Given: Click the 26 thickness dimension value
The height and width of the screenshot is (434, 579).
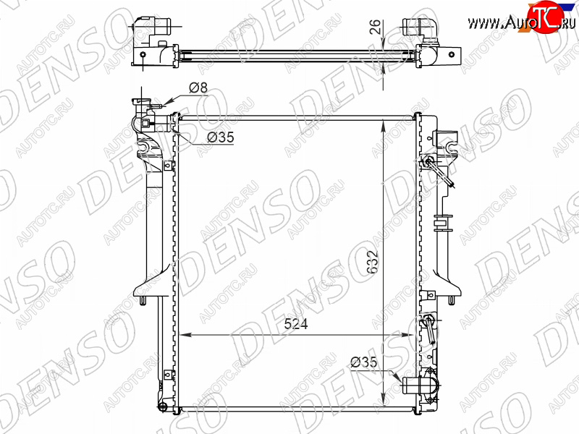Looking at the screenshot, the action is (x=375, y=26).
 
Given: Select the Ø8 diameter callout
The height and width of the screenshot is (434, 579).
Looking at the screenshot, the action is (x=198, y=88).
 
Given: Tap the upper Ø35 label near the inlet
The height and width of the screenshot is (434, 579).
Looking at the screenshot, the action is (x=221, y=137).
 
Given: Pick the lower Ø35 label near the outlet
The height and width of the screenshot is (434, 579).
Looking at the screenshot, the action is (x=364, y=362).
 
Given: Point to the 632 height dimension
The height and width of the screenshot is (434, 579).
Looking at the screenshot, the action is (x=373, y=262).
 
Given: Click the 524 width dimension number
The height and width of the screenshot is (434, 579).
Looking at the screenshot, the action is (x=296, y=323).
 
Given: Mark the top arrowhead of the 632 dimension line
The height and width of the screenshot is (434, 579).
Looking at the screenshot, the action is (x=384, y=124).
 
